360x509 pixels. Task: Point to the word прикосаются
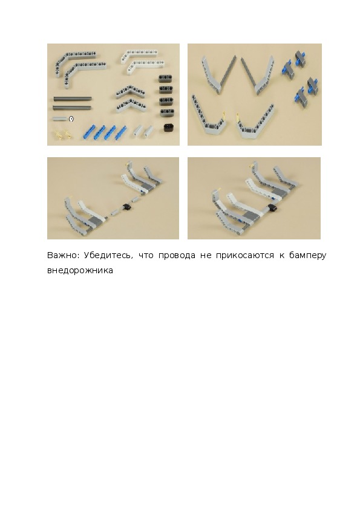coord(244,256)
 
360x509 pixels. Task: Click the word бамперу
coord(308,256)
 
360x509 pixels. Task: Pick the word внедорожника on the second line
coord(80,271)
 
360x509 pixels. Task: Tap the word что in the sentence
coord(146,256)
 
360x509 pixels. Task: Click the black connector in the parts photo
coord(169,127)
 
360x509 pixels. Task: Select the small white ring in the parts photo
coord(71,119)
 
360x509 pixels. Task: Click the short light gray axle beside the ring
coord(60,119)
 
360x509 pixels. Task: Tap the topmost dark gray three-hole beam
coord(166,78)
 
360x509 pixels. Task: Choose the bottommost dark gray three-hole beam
coord(167,112)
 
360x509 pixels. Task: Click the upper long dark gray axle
coord(72,98)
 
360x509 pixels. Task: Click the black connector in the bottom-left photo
coord(126,206)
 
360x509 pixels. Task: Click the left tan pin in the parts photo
coord(58,134)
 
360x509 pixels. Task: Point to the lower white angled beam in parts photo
coord(141,65)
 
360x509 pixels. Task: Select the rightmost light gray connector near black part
coord(148,131)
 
